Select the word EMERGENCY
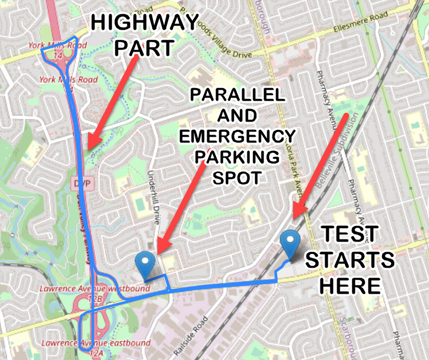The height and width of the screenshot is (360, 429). (x=236, y=136)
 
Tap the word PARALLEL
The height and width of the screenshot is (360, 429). (x=237, y=95)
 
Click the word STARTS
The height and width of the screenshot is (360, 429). (x=350, y=260)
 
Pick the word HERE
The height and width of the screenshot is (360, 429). (x=350, y=285)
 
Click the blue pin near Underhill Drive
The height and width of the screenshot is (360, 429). (x=146, y=265)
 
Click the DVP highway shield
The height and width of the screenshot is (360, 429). (x=79, y=183)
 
